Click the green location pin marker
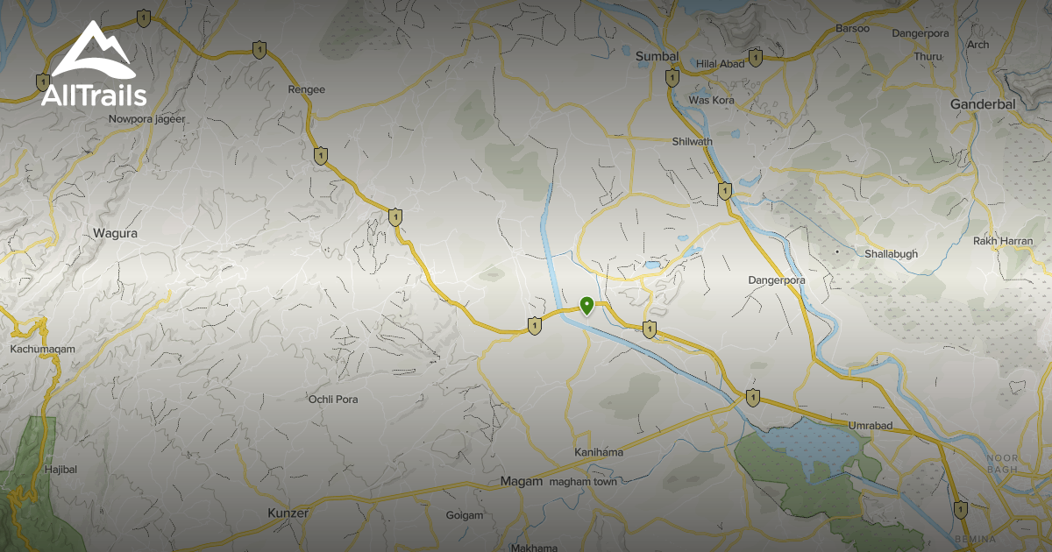coord(586,305)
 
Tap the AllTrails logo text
coord(94,94)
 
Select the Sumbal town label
coord(657,57)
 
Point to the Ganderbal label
coord(982,104)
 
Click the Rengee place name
coord(306,89)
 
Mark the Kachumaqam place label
coord(42,349)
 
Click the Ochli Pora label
coord(333,400)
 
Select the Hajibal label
coord(60,470)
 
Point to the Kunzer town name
coord(288,513)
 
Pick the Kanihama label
coord(599,452)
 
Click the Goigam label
coord(465,515)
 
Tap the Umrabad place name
coord(870,426)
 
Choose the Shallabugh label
coord(892,254)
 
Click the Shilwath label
coord(693,142)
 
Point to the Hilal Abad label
coord(720,64)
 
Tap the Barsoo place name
coord(852,29)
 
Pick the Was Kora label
coord(712,101)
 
